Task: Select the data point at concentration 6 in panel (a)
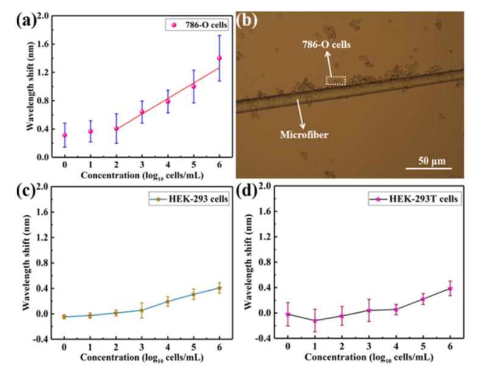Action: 219,58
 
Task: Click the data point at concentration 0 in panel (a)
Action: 65,135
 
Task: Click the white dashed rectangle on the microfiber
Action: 335,80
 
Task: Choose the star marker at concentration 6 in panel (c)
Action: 219,287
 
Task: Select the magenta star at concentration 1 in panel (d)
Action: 315,321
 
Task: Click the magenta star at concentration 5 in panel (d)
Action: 423,299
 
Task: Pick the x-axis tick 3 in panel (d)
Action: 369,346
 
